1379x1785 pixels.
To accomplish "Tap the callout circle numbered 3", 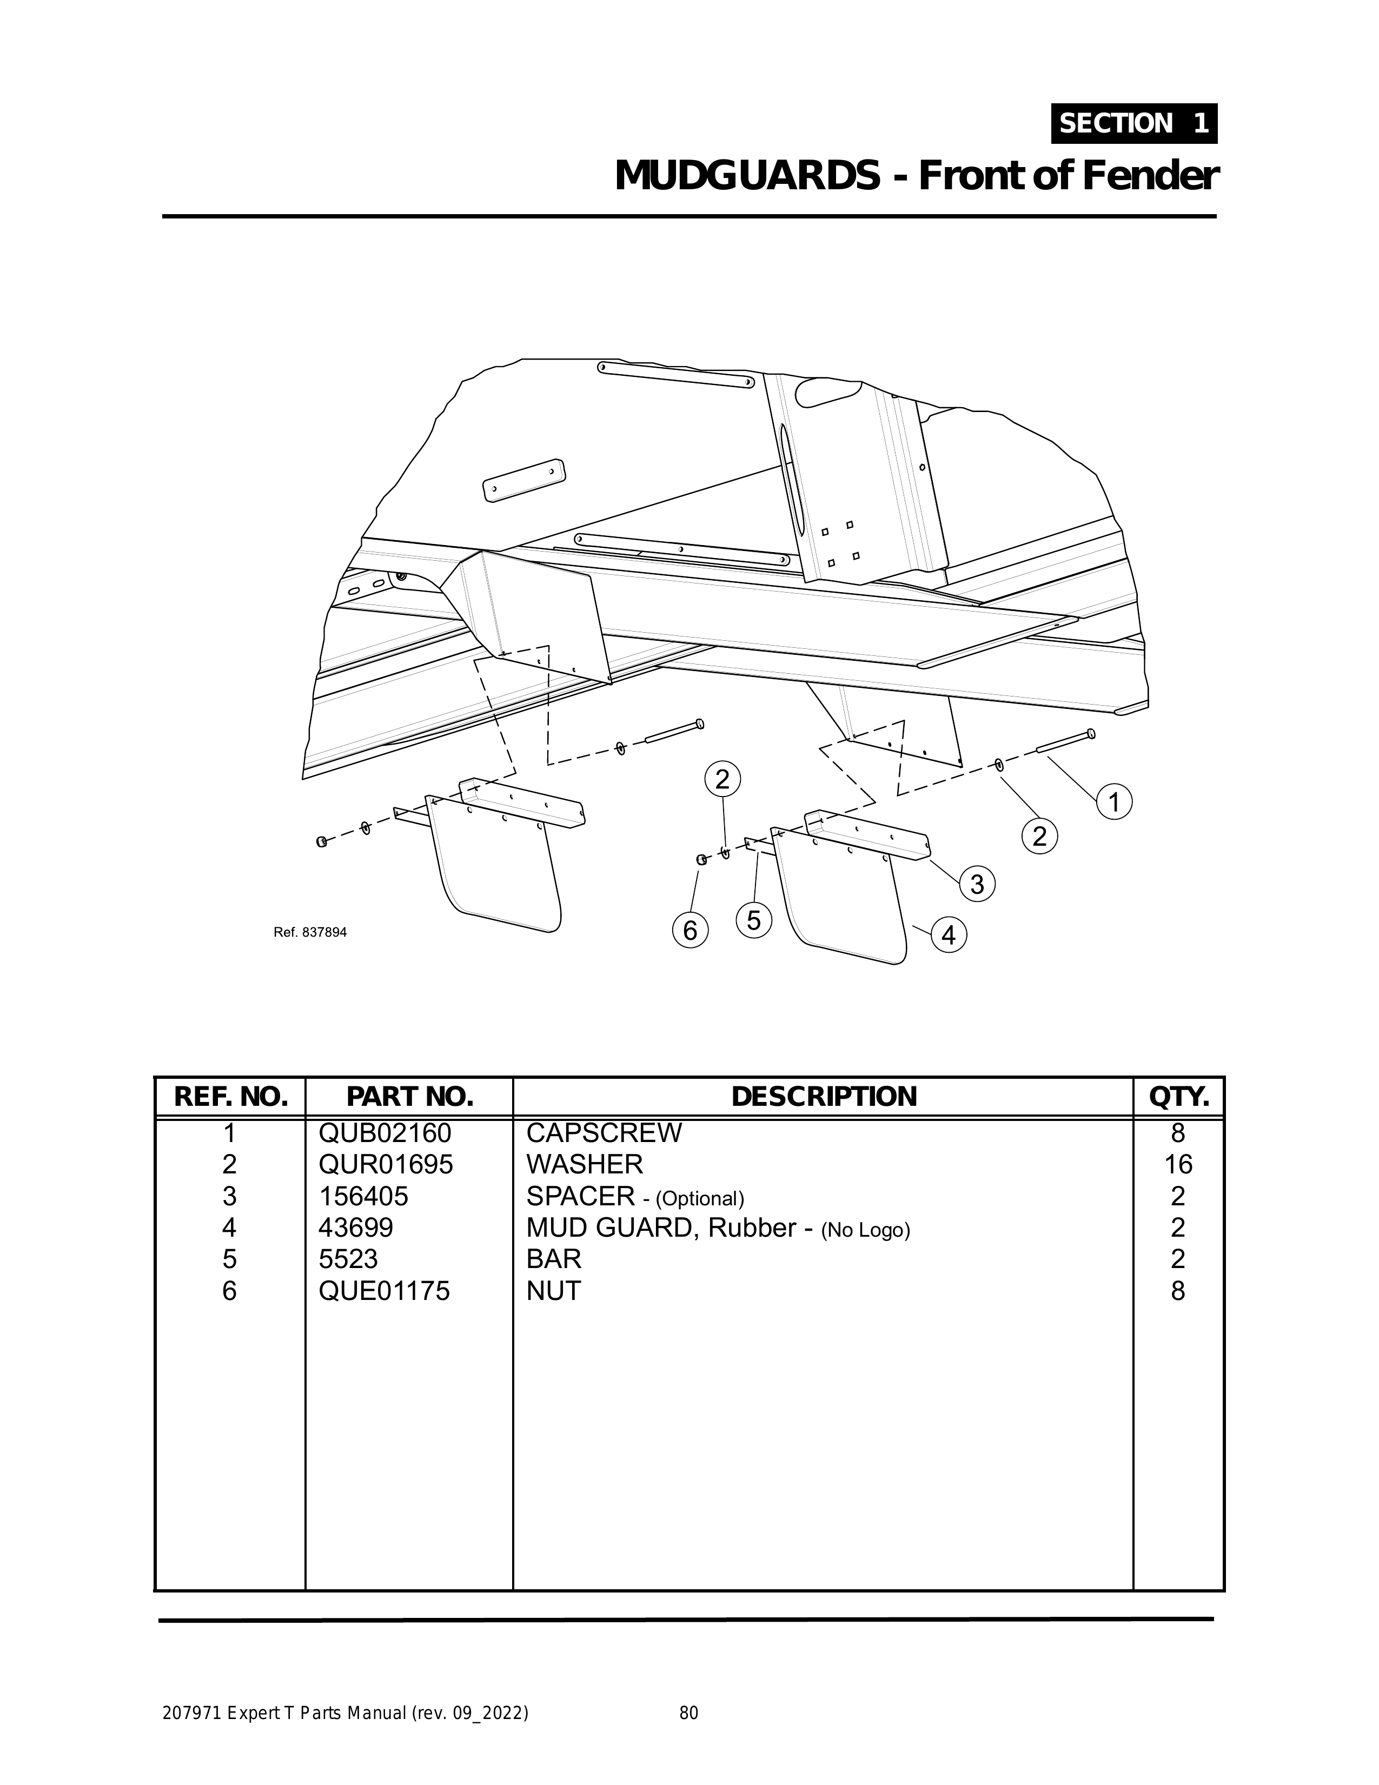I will click(x=977, y=884).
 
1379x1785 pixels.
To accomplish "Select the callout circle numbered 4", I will click(x=948, y=935).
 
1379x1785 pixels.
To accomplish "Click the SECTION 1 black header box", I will click(x=1134, y=123).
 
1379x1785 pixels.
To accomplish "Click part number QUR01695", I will click(x=385, y=1165).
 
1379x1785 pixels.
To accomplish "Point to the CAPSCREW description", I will click(x=604, y=1133).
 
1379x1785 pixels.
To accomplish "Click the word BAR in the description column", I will click(x=553, y=1259).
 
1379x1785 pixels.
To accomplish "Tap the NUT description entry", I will click(x=553, y=1291).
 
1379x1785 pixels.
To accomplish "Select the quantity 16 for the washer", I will click(x=1177, y=1165).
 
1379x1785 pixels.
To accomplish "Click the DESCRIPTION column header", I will click(x=823, y=1097).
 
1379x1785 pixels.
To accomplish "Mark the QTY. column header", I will click(x=1178, y=1097).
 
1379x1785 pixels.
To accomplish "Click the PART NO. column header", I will click(x=409, y=1097).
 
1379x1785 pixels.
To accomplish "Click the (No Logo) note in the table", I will click(x=866, y=1230).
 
